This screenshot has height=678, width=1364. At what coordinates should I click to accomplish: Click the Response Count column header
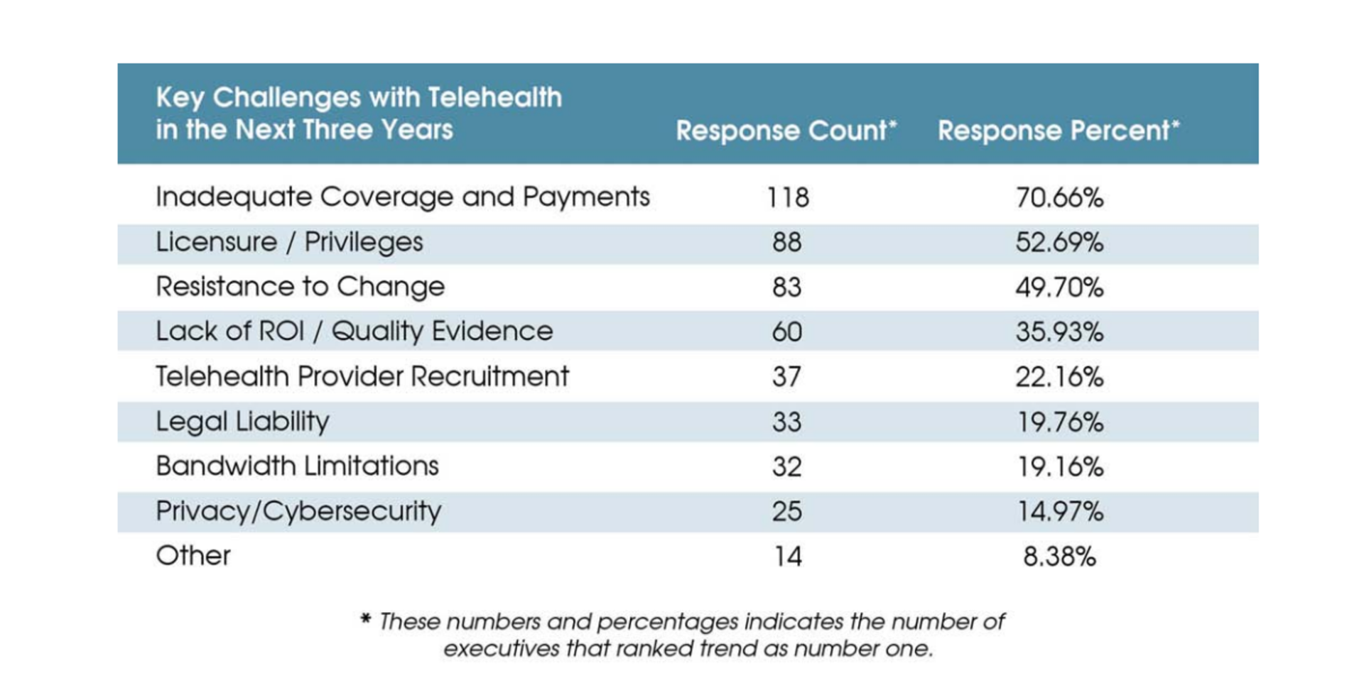click(x=786, y=131)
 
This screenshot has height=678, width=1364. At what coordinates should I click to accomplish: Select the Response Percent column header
click(x=1058, y=131)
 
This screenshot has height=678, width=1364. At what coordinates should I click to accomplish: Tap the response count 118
click(x=788, y=197)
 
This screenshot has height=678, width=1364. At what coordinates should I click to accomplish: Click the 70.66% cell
click(x=1059, y=197)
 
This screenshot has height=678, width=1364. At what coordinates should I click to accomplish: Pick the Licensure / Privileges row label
click(x=289, y=242)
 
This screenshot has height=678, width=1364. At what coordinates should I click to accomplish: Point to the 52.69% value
click(x=1059, y=243)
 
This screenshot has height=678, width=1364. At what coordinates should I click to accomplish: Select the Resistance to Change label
click(x=300, y=287)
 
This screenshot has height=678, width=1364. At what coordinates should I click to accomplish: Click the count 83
click(x=787, y=288)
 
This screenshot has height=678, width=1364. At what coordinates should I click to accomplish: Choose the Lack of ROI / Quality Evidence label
click(x=354, y=332)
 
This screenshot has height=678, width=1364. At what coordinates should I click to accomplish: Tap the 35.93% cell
click(x=1059, y=332)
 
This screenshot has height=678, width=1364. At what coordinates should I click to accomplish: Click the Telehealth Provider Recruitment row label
click(x=362, y=376)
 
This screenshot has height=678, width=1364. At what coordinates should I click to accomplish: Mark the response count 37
click(x=787, y=377)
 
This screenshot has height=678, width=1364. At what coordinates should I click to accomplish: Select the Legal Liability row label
click(x=242, y=422)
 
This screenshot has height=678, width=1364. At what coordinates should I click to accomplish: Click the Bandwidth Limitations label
click(x=297, y=466)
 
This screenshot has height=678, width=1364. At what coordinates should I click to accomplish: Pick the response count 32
click(x=787, y=467)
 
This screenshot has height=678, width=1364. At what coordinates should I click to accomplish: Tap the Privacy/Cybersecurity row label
click(x=298, y=511)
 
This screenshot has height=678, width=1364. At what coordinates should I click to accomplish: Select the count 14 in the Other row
click(x=788, y=557)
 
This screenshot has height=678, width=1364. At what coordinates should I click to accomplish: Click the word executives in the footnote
click(x=501, y=649)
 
